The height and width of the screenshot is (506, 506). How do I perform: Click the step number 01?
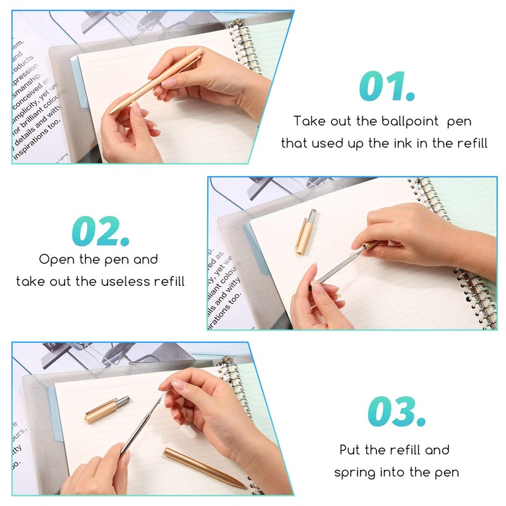(x=386, y=87)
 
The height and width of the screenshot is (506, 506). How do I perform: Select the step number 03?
(x=396, y=412)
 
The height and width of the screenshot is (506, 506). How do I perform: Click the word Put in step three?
(x=351, y=450)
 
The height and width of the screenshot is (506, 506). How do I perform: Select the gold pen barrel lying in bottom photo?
(x=202, y=467)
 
